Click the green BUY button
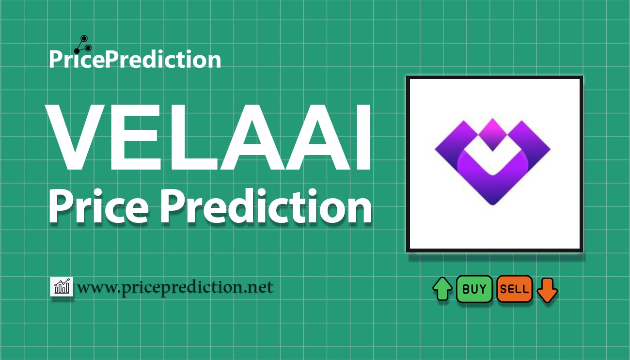pyautogui.click(x=474, y=289)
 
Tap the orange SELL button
pyautogui.click(x=514, y=289)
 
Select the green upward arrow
pyautogui.click(x=442, y=289)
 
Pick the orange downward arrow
pyautogui.click(x=547, y=290)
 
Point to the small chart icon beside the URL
pyautogui.click(x=62, y=286)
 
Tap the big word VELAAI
pyautogui.click(x=208, y=137)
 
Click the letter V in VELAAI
pyautogui.click(x=76, y=137)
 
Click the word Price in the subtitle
pyautogui.click(x=99, y=206)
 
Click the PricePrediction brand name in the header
pyautogui.click(x=135, y=59)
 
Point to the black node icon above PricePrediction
pyautogui.click(x=83, y=45)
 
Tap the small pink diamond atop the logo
pyautogui.click(x=492, y=134)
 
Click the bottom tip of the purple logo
pyautogui.click(x=492, y=204)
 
